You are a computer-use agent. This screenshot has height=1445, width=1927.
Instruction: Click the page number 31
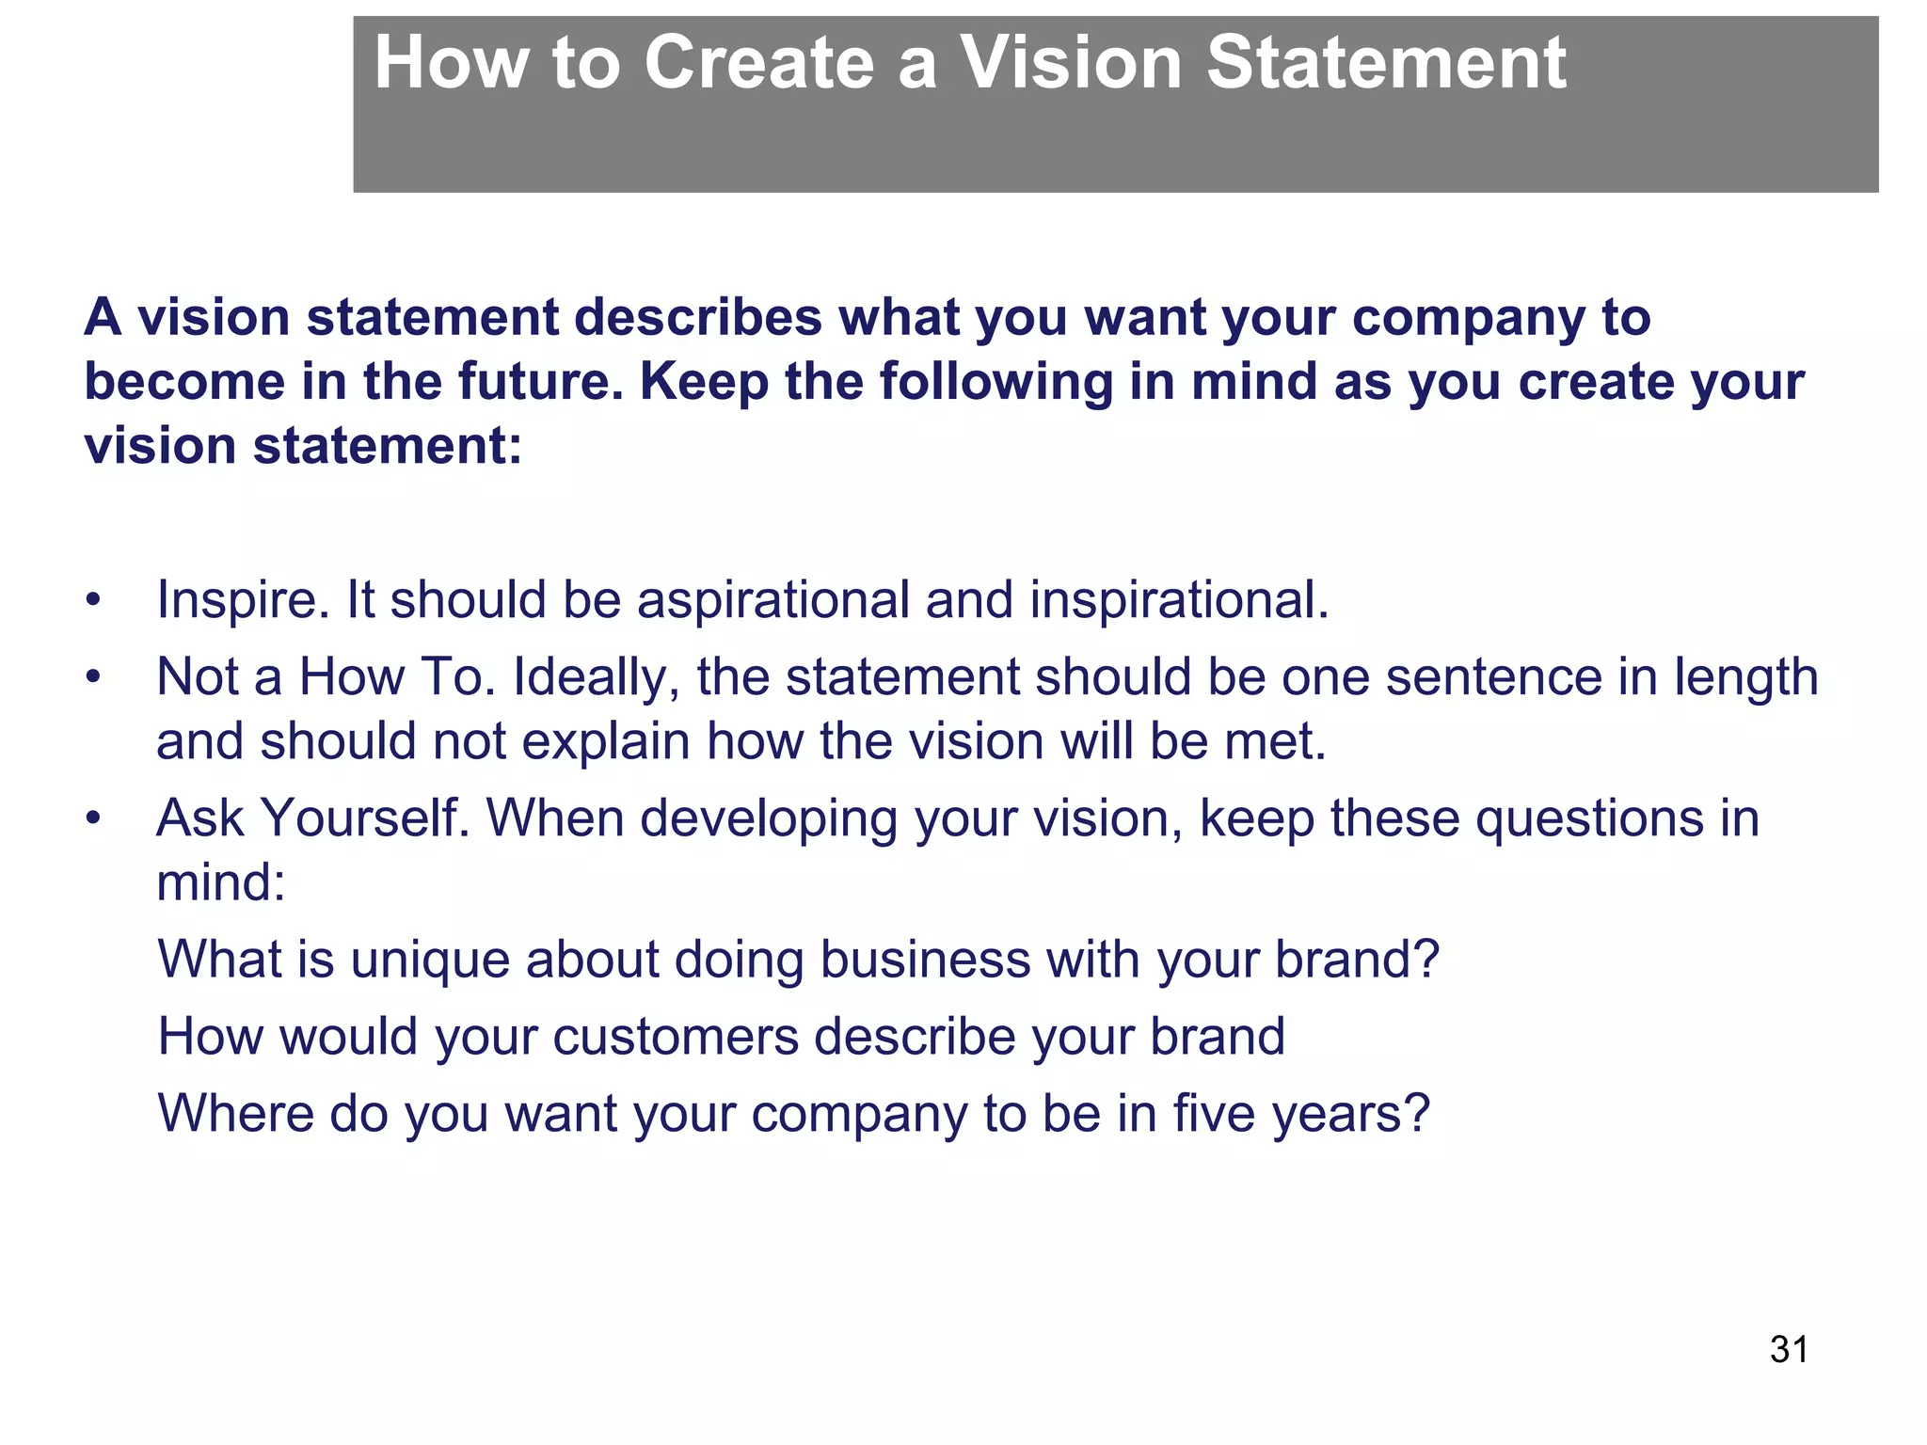click(x=1789, y=1349)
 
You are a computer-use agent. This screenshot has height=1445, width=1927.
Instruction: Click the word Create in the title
click(x=759, y=63)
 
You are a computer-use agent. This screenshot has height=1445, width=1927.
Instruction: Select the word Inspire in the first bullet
click(x=242, y=600)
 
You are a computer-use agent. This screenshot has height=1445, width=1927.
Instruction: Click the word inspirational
click(x=1178, y=600)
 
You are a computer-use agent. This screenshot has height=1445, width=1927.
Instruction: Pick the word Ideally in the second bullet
click(x=596, y=677)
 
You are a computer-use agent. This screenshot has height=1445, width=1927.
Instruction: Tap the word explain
click(x=606, y=742)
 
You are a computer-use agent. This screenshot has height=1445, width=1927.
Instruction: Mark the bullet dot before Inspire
click(x=92, y=600)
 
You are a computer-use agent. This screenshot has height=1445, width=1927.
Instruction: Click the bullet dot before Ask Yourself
click(x=92, y=818)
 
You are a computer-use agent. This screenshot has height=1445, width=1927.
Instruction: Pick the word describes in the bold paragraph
click(x=698, y=318)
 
